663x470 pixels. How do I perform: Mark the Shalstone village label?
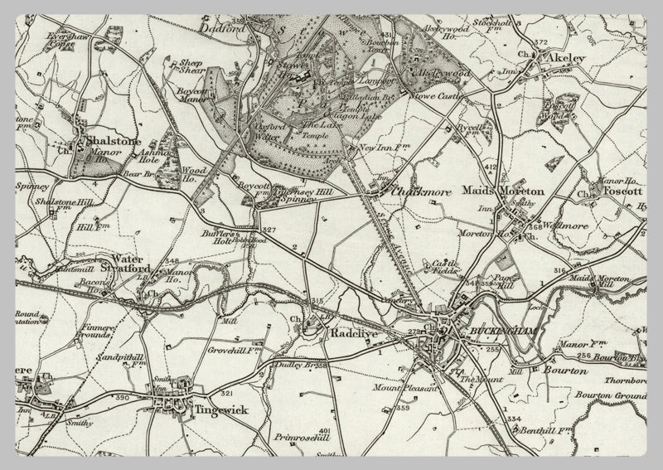click(112, 142)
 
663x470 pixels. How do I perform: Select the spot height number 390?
click(123, 400)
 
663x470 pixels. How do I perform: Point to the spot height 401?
click(323, 432)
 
